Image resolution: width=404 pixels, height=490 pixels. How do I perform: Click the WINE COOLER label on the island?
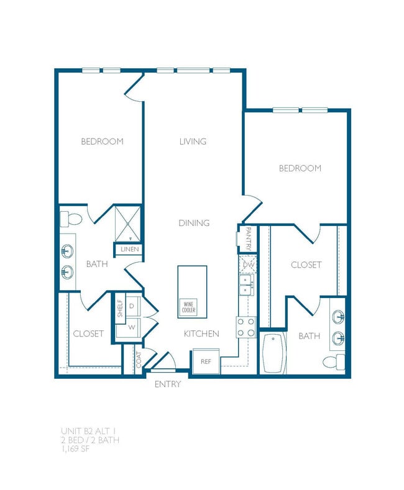point(188,307)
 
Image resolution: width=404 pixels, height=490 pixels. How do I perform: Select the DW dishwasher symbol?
point(248,265)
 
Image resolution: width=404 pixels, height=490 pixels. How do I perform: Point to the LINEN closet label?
point(129,250)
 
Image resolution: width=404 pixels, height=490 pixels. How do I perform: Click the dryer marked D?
point(132,306)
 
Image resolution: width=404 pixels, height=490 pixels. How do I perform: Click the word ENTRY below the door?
point(168,384)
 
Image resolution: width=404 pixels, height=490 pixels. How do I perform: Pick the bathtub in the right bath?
point(273,354)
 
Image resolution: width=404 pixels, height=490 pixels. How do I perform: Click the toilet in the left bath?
point(71,219)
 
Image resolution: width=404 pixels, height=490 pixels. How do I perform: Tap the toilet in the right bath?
point(336,362)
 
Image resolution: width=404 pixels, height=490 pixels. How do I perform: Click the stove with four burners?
point(246,327)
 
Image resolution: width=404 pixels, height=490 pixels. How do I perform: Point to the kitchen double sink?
point(247,286)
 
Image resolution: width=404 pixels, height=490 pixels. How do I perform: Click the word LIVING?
point(193,142)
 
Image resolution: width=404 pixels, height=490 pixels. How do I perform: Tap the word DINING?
point(194,223)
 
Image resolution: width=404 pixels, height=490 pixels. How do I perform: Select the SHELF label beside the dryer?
point(120,309)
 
